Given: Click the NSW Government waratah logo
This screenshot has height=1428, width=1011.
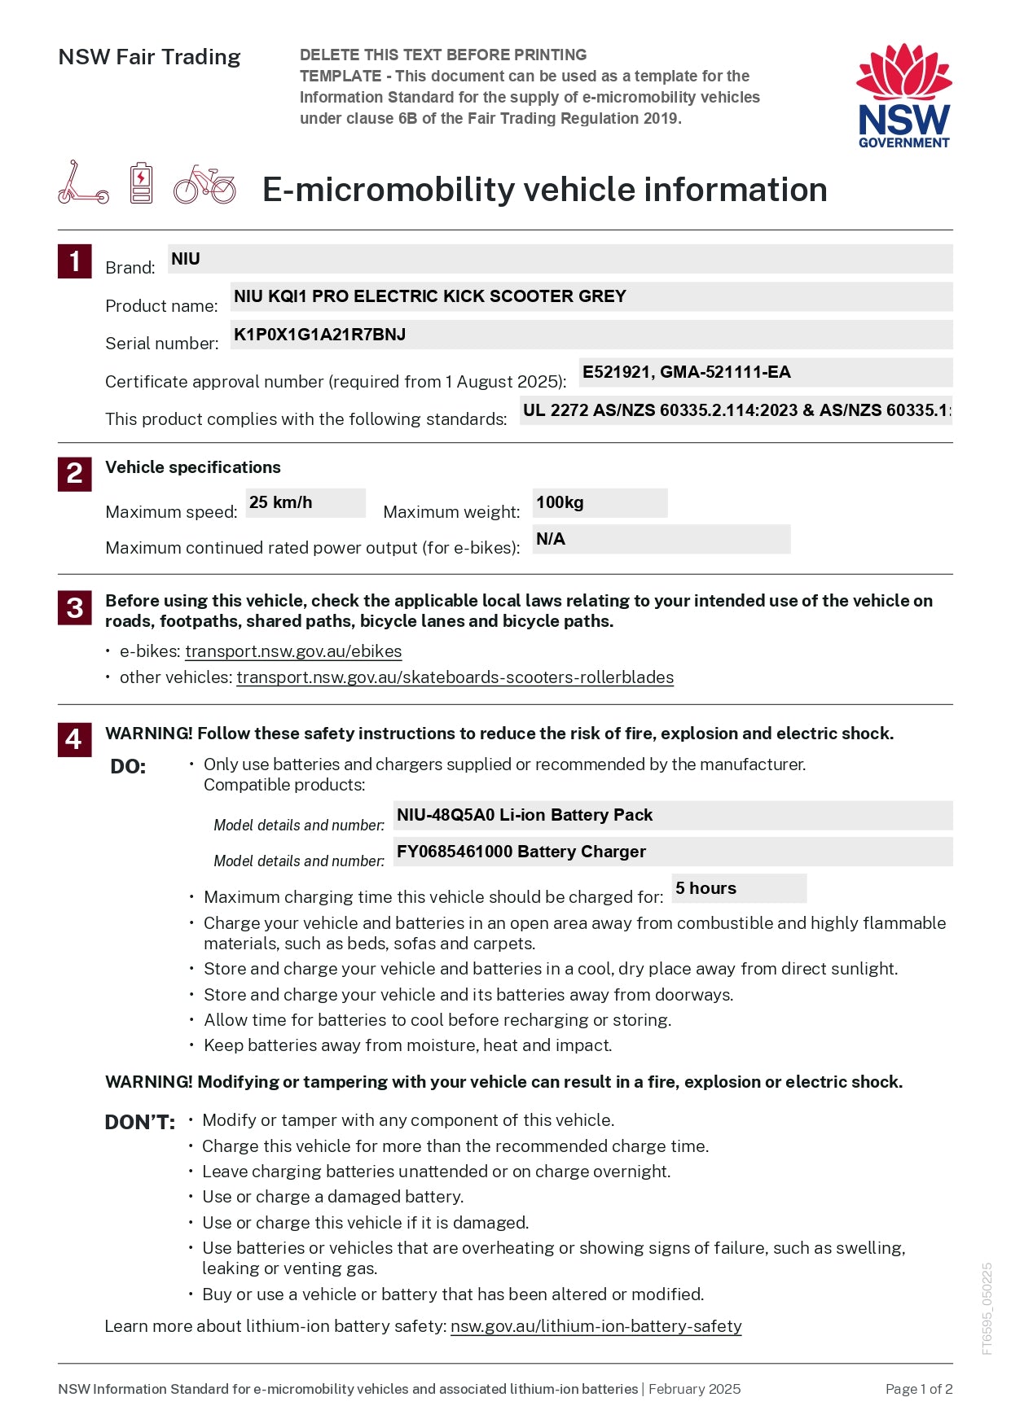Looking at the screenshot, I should pos(903,95).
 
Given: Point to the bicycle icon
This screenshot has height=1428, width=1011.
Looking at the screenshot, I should pos(204,185).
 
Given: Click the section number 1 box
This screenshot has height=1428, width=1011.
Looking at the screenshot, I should pos(74,261).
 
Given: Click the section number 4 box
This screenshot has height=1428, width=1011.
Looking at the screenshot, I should pos(74,739).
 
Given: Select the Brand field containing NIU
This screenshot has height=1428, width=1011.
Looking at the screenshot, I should pos(560,259).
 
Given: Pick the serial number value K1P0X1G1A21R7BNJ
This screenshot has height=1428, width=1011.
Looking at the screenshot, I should pos(319,335).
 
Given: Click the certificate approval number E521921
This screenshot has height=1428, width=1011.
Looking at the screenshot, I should pos(617,372).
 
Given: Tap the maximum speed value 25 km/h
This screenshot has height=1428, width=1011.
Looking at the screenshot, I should pos(281,502).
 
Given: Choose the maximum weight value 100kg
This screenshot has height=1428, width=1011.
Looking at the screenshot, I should pos(560,502).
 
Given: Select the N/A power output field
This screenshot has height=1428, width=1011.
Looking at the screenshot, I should pos(551,539).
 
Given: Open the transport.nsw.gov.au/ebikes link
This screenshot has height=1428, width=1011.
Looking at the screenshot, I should pos(293,651).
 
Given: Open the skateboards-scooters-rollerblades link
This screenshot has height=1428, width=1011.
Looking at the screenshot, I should pos(455,677).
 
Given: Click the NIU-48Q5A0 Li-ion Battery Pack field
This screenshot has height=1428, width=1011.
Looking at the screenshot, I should pos(525,815).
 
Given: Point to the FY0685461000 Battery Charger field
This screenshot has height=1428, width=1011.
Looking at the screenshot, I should pos(521,852).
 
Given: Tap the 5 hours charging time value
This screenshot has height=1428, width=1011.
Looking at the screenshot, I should pos(706,888).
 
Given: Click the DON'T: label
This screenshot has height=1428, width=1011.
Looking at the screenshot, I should pos(139,1123).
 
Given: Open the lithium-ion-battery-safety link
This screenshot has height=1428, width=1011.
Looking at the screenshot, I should pos(596,1326).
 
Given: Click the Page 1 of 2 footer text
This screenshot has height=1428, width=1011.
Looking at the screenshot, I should pos(918,1389).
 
